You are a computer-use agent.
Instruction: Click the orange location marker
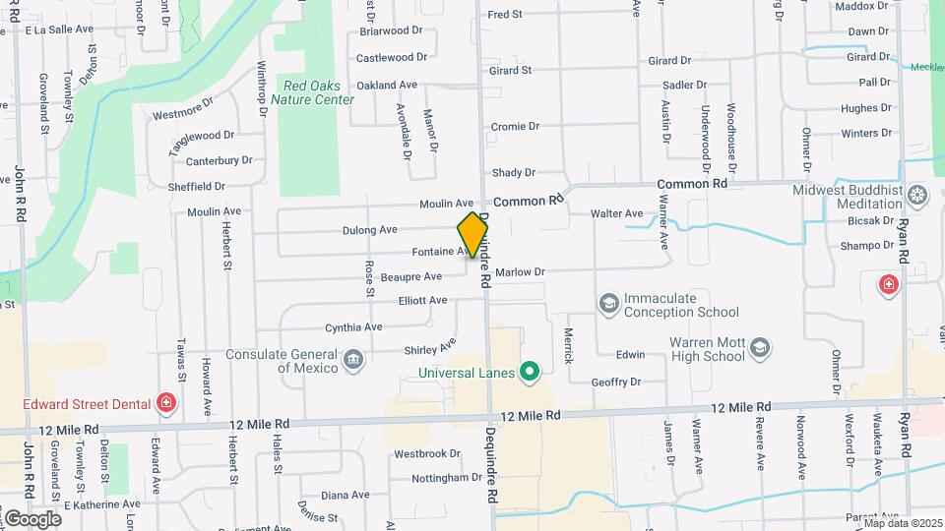(472, 234)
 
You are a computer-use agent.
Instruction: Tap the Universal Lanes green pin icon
(530, 372)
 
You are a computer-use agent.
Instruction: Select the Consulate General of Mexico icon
(353, 361)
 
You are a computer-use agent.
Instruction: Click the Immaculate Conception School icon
(608, 304)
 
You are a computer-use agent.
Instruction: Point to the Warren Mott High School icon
(760, 348)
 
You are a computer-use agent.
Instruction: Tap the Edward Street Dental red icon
(166, 403)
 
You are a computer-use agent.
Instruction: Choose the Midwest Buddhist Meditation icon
(917, 195)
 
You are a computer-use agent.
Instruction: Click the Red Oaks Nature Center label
(312, 92)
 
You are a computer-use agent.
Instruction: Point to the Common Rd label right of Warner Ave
(692, 184)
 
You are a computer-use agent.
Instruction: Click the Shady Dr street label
(513, 172)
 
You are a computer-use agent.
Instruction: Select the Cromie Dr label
(515, 127)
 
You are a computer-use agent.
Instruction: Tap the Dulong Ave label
(369, 230)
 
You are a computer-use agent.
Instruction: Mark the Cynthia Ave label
(354, 327)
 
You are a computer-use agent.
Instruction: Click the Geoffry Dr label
(616, 382)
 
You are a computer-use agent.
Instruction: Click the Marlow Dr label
(520, 271)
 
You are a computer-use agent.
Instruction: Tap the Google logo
(32, 518)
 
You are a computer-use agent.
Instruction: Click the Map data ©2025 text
(904, 523)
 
